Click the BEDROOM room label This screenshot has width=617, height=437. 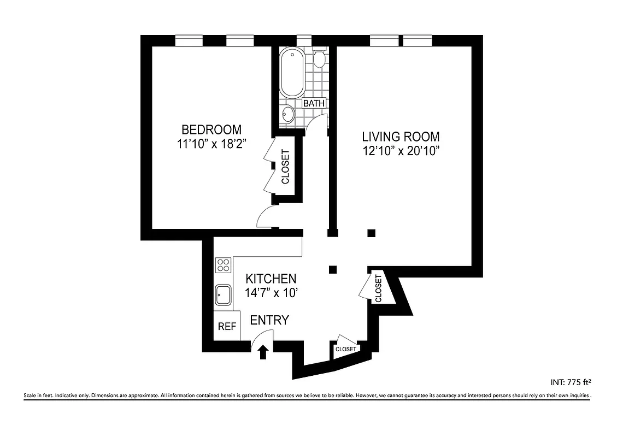tap(211, 130)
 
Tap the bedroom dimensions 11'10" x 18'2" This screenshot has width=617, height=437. tap(211, 145)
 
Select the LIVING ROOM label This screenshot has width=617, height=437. tap(401, 137)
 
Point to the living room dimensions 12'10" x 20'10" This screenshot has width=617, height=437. tap(401, 151)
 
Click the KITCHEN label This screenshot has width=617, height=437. tap(271, 279)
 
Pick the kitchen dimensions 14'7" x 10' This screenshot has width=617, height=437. tap(271, 293)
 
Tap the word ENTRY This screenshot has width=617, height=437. tap(269, 321)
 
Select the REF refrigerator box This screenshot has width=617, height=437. tap(227, 327)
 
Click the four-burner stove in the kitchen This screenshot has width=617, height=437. tap(223, 265)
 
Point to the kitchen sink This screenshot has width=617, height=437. tap(223, 296)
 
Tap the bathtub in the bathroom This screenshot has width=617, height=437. tap(292, 73)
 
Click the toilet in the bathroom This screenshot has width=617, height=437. tap(320, 58)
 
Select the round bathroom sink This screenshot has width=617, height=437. tap(288, 115)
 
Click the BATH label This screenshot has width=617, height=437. tap(314, 103)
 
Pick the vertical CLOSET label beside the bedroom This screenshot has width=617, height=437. tap(285, 166)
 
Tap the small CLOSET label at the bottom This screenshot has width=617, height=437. tap(345, 349)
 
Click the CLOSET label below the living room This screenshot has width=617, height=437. tap(378, 288)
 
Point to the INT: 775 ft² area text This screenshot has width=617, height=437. tap(571, 382)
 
